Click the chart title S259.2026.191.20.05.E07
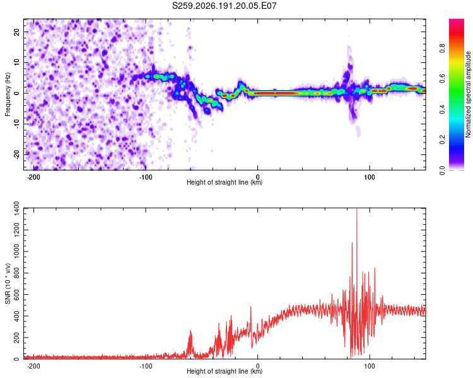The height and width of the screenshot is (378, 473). coord(224,6)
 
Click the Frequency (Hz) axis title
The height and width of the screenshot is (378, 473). coord(8,94)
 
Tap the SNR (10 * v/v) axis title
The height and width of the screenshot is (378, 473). coord(8,283)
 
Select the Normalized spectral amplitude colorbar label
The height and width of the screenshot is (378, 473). coord(468,94)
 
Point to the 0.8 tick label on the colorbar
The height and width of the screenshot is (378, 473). coord(442,49)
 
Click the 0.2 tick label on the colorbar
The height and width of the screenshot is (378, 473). coord(442,140)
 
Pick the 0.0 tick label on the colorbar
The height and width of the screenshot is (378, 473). coord(442,170)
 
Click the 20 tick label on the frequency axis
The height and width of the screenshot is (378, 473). coord(16,31)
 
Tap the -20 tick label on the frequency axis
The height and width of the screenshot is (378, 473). coord(16,154)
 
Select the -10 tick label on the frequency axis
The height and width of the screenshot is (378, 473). coord(16,124)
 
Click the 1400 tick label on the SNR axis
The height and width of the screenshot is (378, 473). coord(16,209)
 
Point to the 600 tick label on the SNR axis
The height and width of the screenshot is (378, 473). coord(16,294)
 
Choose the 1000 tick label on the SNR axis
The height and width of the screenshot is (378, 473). coord(16,251)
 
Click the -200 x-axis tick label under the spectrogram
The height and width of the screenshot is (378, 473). coord(33,177)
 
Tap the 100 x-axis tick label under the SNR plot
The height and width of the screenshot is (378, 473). coord(370,366)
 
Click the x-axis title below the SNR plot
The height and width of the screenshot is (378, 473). coord(225,371)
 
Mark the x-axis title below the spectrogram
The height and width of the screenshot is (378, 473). coord(225,182)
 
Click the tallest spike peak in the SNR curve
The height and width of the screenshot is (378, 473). coord(357,209)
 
